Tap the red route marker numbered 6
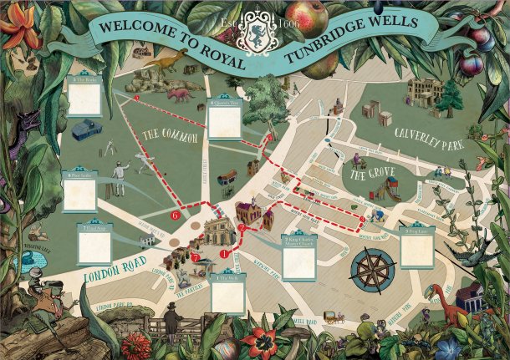point(176,215)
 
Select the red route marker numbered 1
point(223,251)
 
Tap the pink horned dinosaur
point(178,94)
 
